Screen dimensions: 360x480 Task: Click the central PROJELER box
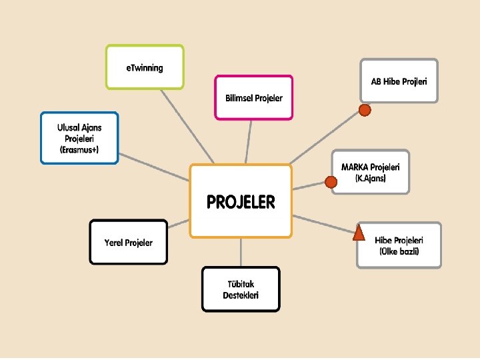point(241,201)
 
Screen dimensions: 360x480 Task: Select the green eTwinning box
point(145,67)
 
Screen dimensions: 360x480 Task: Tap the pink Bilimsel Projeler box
point(253,97)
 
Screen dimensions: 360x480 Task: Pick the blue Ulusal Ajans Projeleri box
point(79,138)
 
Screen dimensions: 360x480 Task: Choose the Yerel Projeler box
point(129,242)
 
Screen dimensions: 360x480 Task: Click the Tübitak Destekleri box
point(241,289)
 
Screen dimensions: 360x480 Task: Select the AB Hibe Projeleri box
point(399,81)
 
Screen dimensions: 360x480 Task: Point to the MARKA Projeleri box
point(370,172)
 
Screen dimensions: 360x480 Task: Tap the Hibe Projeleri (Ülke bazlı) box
point(399,245)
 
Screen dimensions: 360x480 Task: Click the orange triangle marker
point(359,233)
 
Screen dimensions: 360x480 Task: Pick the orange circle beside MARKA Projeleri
point(330,181)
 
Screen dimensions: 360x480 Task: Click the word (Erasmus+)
point(79,149)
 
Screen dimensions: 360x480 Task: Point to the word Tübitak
point(241,283)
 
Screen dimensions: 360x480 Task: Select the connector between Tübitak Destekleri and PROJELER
point(241,252)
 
